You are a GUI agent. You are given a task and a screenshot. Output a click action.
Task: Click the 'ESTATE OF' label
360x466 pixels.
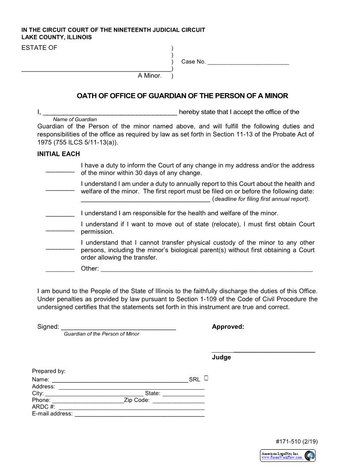[x=39, y=48]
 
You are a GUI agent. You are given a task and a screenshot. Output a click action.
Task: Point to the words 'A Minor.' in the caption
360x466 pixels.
[x=150, y=76]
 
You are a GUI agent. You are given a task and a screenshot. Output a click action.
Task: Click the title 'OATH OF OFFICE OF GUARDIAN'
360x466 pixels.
[x=182, y=96]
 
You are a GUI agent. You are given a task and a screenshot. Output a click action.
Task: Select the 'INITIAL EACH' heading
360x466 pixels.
[x=59, y=154]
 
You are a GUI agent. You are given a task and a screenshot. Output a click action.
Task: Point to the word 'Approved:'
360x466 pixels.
[x=228, y=327]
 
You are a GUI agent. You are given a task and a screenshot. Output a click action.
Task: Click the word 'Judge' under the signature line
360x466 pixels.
[x=221, y=357]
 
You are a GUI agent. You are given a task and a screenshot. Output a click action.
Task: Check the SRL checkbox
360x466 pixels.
[x=206, y=378]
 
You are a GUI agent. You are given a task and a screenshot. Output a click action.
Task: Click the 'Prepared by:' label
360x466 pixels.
[x=49, y=371]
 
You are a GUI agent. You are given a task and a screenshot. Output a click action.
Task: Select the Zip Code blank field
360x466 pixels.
[x=178, y=402]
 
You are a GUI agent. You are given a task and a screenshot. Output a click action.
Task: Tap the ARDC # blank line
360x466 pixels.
[x=131, y=408]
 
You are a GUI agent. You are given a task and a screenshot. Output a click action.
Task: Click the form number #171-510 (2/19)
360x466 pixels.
[x=296, y=441]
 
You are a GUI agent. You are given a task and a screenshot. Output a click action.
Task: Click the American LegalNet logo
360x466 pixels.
[x=288, y=455]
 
